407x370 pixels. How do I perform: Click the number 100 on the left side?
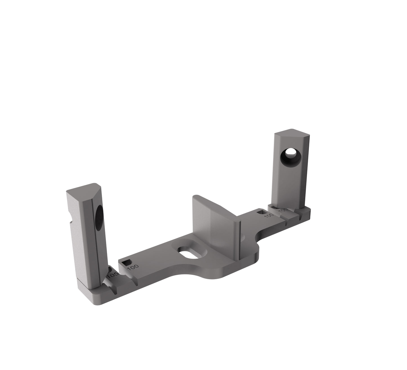click(x=132, y=267)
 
